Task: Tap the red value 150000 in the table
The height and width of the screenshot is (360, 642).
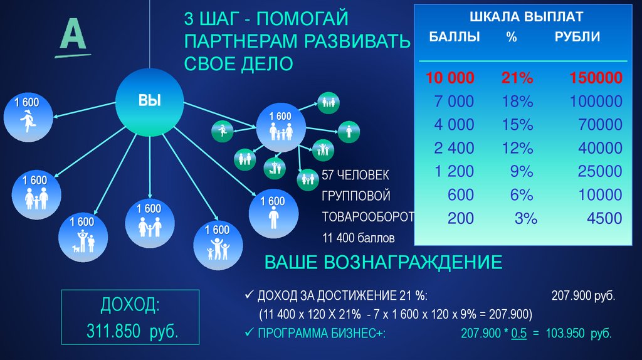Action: coord(596,78)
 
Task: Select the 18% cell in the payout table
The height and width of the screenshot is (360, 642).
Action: coord(517,102)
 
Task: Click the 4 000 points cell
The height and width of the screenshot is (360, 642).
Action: coord(455,125)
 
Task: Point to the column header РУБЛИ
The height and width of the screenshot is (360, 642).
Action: coord(577,36)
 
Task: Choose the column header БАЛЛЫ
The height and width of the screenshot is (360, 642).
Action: coord(455,36)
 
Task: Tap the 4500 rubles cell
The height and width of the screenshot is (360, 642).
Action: coord(604,218)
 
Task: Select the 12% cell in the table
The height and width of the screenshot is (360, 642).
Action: coord(517,148)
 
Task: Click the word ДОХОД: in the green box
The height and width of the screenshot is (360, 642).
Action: coord(130,306)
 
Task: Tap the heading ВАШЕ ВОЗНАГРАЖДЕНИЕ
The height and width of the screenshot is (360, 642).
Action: coord(383,262)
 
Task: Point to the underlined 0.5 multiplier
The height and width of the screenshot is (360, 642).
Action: coord(518,334)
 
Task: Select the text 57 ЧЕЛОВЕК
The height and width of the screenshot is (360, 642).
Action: coord(355,174)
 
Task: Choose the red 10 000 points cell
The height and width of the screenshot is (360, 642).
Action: coord(450,78)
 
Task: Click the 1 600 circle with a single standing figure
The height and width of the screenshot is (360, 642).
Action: coord(273,212)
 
